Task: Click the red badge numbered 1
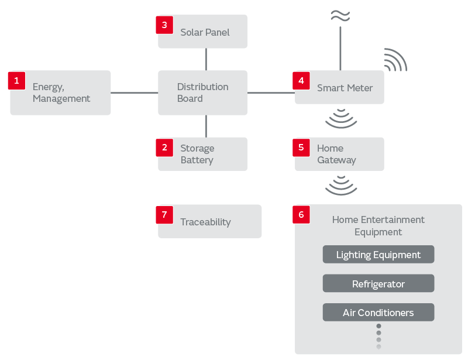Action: point(16,81)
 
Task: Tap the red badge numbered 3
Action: point(164,25)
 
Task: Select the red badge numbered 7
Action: point(164,215)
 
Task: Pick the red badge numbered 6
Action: point(301,215)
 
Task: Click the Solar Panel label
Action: point(205,32)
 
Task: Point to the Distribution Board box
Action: point(202,92)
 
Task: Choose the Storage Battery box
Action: point(202,154)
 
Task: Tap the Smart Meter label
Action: point(345,88)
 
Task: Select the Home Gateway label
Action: point(336,154)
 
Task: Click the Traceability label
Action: point(205,222)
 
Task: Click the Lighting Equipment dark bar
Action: point(378,255)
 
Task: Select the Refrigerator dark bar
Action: point(378,284)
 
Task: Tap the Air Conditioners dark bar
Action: point(378,313)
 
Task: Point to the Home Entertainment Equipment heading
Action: point(378,225)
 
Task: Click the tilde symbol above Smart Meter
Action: point(340,16)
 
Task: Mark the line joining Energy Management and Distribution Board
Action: point(134,92)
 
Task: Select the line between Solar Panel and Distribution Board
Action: point(206,59)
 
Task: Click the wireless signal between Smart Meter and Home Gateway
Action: point(341,119)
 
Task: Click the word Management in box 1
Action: point(61,98)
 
